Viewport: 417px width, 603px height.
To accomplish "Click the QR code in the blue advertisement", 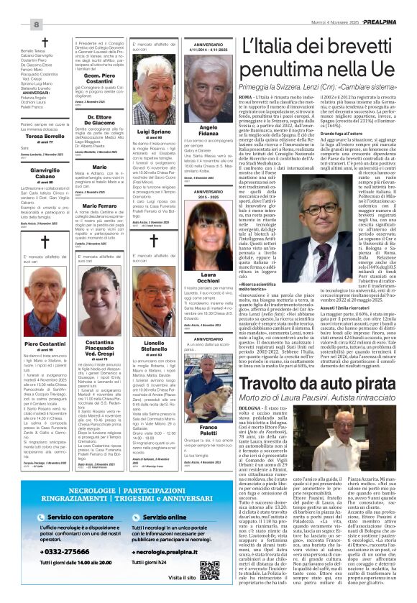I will tap(209, 570).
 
